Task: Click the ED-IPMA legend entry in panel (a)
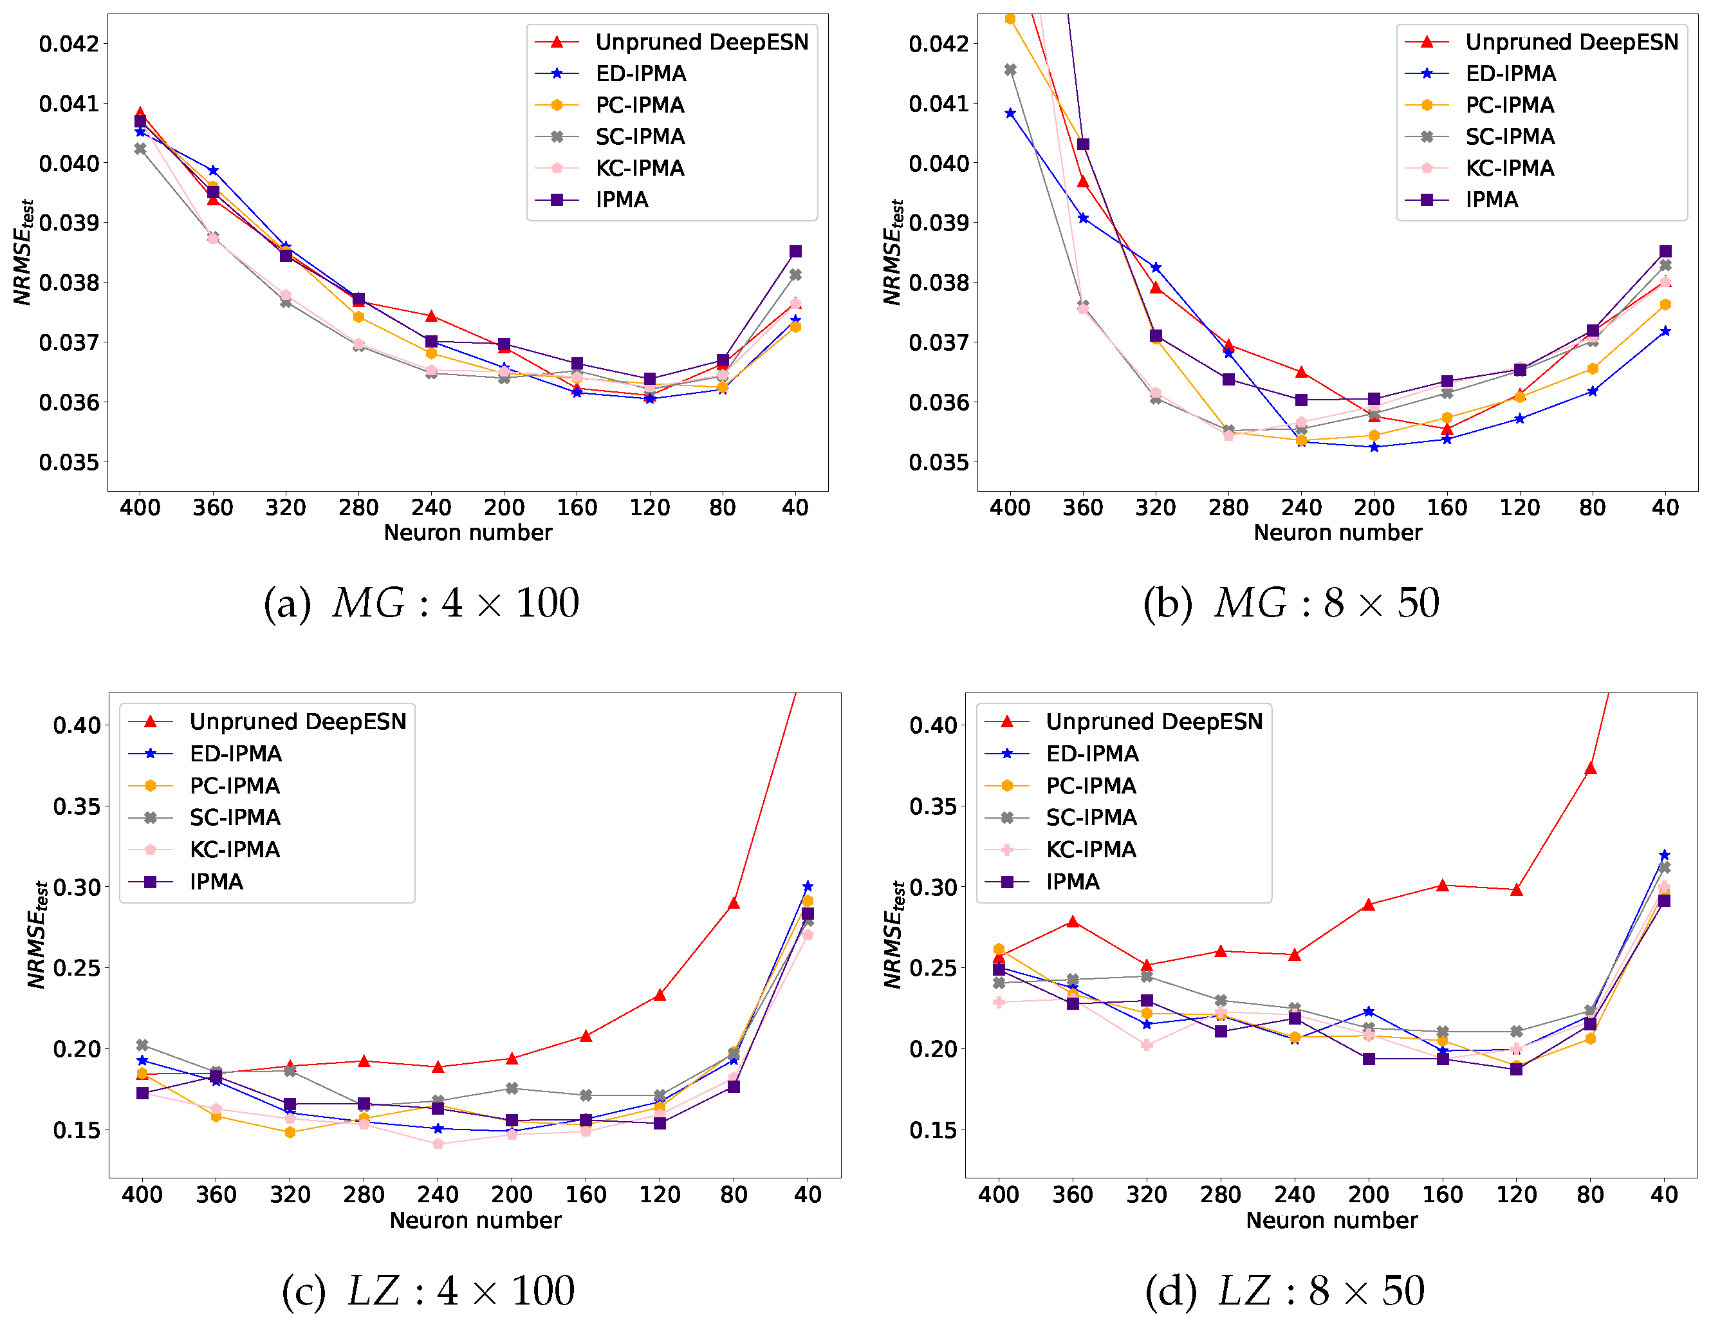pyautogui.click(x=640, y=73)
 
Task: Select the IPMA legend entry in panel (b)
pyautogui.click(x=1491, y=200)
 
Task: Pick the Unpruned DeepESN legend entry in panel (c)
pyautogui.click(x=298, y=721)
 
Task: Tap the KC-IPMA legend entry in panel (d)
pyautogui.click(x=1091, y=849)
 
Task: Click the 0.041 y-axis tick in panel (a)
pyautogui.click(x=69, y=104)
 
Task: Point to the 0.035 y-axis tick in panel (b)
pyautogui.click(x=939, y=462)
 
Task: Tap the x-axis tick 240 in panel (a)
pyautogui.click(x=431, y=508)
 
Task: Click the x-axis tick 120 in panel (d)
pyautogui.click(x=1516, y=1195)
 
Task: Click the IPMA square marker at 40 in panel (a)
pyautogui.click(x=795, y=252)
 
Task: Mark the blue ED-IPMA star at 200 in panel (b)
pyautogui.click(x=1374, y=447)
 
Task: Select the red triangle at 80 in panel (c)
pyautogui.click(x=734, y=903)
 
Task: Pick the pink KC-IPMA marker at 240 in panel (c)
pyautogui.click(x=438, y=1144)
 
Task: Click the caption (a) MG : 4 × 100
pyautogui.click(x=421, y=603)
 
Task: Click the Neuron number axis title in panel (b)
pyautogui.click(x=1337, y=533)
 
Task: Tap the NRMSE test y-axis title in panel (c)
pyautogui.click(x=37, y=934)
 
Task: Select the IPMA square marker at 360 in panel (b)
pyautogui.click(x=1083, y=144)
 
